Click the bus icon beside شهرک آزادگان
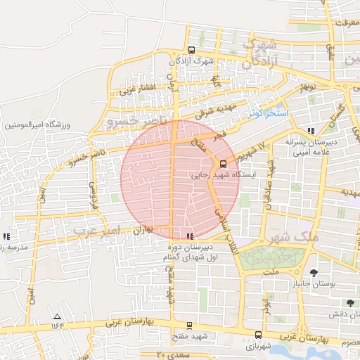coord(191,50)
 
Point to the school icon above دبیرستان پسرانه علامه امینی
coord(311,131)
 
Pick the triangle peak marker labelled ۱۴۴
coord(57,317)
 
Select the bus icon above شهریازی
coord(258,335)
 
